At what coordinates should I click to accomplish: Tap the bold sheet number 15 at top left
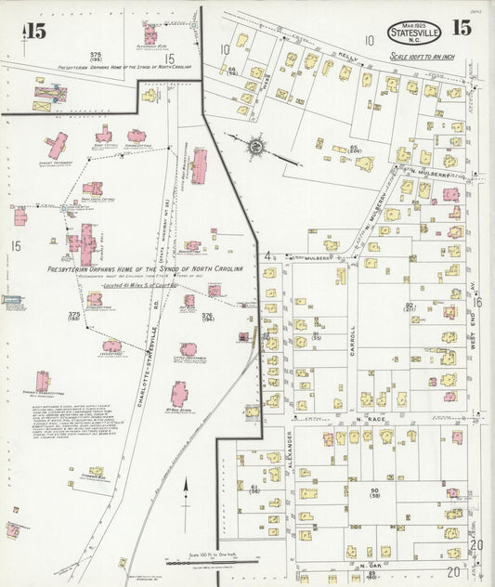tap(34, 32)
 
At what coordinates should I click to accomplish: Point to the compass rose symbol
tap(255, 145)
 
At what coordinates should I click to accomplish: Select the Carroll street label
tap(353, 335)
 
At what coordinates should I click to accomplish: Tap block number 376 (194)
tap(208, 318)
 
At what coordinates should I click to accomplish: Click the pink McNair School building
tap(179, 394)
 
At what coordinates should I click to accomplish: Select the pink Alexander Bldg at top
tap(150, 34)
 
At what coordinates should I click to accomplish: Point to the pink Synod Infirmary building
tap(57, 145)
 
